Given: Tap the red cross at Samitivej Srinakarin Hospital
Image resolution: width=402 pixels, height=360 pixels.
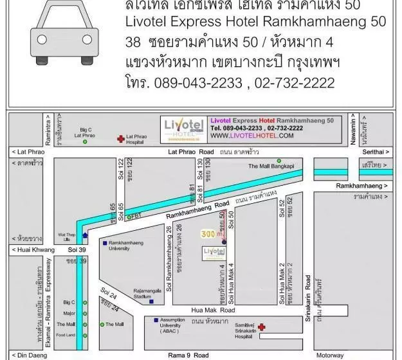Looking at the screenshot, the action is [x=262, y=327].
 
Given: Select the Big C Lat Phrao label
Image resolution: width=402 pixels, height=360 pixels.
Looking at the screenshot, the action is [x=84, y=132].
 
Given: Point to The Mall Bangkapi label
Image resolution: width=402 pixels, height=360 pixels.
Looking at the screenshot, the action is [x=271, y=166].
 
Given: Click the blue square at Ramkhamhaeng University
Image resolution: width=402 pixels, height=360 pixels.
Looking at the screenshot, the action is [x=104, y=243].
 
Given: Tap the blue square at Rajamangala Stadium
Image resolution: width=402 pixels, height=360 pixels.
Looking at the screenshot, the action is [x=151, y=301].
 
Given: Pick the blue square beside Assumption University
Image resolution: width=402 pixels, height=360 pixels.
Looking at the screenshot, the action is [x=156, y=319].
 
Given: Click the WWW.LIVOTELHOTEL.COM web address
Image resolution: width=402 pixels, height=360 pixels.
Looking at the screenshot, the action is [x=251, y=136].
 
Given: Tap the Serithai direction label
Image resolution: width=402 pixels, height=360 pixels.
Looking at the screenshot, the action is [x=376, y=152].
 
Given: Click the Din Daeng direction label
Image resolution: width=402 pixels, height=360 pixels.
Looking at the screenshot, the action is [x=27, y=355].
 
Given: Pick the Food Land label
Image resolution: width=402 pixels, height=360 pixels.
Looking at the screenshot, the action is [x=66, y=334].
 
